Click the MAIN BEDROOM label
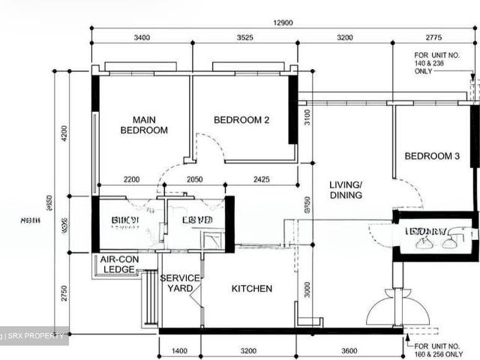click(x=144, y=124)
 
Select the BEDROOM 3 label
click(x=432, y=156)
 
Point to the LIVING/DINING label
click(x=345, y=190)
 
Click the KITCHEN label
click(x=251, y=289)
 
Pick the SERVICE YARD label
click(x=180, y=283)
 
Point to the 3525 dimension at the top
click(x=244, y=37)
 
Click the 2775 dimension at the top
click(x=434, y=37)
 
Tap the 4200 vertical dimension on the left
click(x=64, y=133)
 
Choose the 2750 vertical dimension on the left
click(x=64, y=293)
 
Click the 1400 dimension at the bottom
click(x=179, y=350)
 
